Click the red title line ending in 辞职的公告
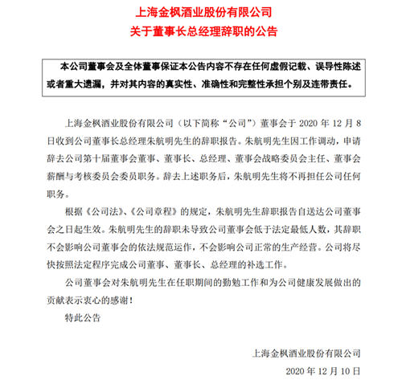point(200,32)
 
